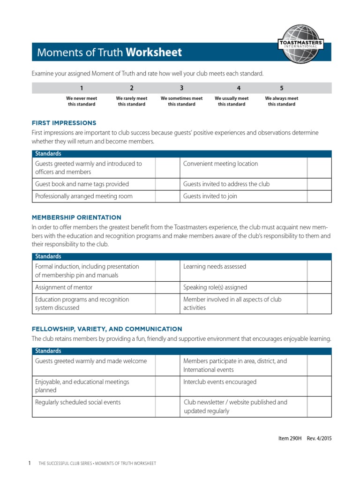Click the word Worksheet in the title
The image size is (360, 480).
pyautogui.click(x=153, y=52)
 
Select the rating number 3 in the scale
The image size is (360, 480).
pyautogui.click(x=181, y=88)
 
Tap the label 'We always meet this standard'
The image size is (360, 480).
pyautogui.click(x=281, y=101)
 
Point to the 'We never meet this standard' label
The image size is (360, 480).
pyautogui.click(x=82, y=101)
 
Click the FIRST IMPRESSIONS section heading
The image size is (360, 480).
pyautogui.click(x=64, y=123)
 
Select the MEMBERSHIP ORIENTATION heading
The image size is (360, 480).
pyautogui.click(x=76, y=217)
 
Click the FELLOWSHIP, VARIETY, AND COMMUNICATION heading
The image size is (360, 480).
pyautogui.click(x=107, y=329)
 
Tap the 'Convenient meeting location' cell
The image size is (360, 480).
pyautogui.click(x=220, y=164)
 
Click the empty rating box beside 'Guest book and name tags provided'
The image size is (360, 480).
pyautogui.click(x=167, y=184)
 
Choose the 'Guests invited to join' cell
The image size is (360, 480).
pyautogui.click(x=210, y=196)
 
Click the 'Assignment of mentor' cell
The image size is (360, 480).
pyautogui.click(x=64, y=287)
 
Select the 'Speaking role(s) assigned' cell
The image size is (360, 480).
pyautogui.click(x=215, y=287)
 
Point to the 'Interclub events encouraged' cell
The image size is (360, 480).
pyautogui.click(x=220, y=382)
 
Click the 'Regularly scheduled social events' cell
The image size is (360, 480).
pyautogui.click(x=78, y=402)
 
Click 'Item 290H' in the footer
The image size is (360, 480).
pyautogui.click(x=290, y=438)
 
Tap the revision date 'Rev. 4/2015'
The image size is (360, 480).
pyautogui.click(x=321, y=438)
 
